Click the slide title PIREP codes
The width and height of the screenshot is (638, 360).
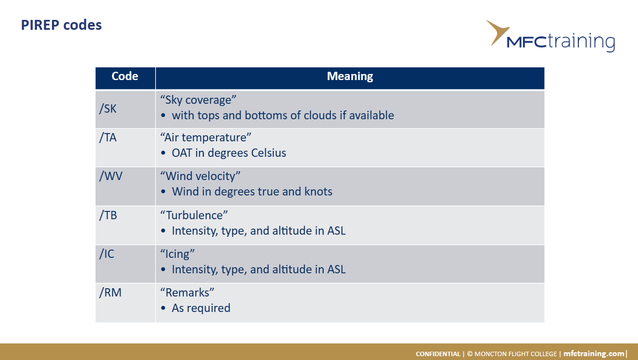(61, 25)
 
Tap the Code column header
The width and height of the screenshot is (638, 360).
(125, 77)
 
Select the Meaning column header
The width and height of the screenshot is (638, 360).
(350, 77)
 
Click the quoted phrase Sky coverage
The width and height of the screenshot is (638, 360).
(198, 100)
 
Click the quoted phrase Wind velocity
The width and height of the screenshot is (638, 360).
(200, 176)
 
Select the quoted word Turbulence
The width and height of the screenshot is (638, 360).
(194, 215)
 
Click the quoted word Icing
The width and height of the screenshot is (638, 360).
(177, 254)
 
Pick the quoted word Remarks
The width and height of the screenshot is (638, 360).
(187, 293)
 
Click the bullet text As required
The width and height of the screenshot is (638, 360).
(201, 308)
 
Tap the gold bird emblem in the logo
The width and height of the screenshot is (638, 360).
(497, 31)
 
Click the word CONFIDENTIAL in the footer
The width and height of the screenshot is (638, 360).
(438, 354)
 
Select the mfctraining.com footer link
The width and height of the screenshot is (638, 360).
(594, 353)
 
